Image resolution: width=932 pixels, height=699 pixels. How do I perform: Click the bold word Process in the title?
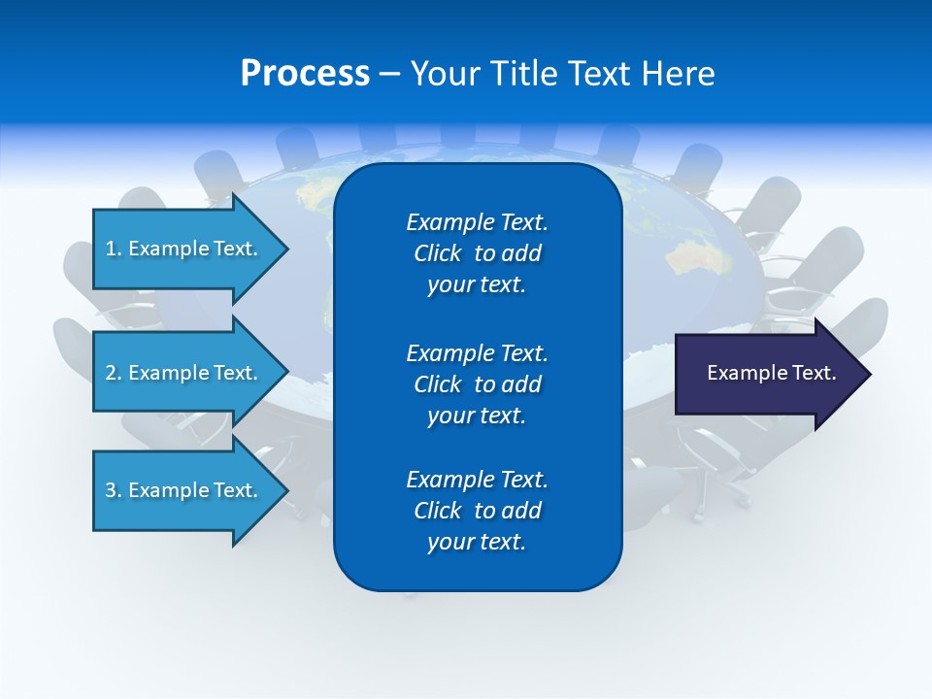[x=305, y=74]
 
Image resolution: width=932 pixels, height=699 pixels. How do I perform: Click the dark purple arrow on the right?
[x=767, y=373]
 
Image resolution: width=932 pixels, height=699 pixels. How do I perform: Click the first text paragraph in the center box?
[x=477, y=253]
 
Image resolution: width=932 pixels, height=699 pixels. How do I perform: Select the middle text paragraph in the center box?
[x=477, y=383]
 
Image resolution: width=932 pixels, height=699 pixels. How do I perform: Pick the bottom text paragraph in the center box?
[x=477, y=511]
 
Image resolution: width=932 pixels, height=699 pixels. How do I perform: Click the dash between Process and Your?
[x=389, y=75]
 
